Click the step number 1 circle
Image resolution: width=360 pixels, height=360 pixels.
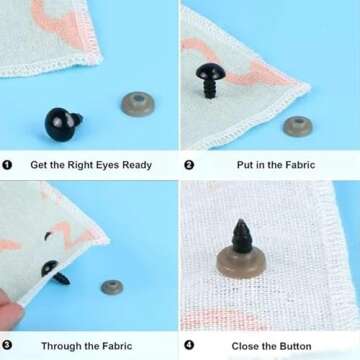click(x=7, y=165)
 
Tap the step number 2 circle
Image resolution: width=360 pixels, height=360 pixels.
click(x=189, y=165)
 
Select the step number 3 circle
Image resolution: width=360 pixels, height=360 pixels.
click(x=7, y=345)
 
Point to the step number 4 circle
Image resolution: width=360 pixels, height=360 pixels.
click(x=189, y=345)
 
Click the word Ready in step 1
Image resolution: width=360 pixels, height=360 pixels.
click(x=137, y=165)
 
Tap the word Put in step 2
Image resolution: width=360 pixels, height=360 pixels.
click(x=245, y=165)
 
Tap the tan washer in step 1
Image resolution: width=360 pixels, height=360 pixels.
click(x=138, y=104)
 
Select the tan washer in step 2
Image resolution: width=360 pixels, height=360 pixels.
click(x=298, y=126)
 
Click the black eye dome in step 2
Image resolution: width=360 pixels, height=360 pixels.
click(x=210, y=71)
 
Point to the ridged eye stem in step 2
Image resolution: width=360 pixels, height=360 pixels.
click(x=210, y=89)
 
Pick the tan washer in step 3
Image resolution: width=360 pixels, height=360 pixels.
click(x=112, y=287)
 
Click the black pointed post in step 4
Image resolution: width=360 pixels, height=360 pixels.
click(x=242, y=236)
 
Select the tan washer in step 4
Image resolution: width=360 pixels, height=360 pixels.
click(x=241, y=263)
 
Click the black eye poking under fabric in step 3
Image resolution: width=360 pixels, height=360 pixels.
click(x=55, y=273)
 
